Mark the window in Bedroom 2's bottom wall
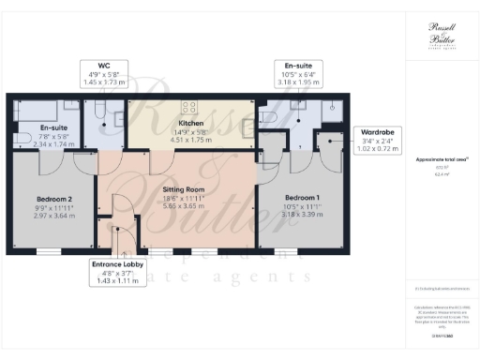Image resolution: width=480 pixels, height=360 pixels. [47, 252]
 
